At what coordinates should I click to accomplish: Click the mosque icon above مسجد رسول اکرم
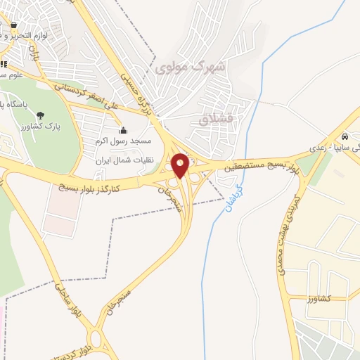124,130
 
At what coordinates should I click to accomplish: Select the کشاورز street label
321,298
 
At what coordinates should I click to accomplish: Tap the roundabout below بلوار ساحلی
95,341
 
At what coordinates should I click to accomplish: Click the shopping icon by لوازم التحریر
14,27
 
